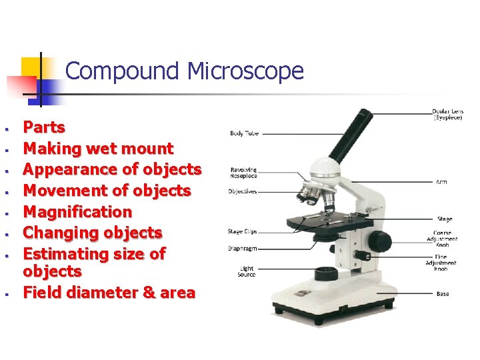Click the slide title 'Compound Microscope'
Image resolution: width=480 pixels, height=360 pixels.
[185, 71]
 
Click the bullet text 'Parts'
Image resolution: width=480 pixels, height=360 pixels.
[44, 127]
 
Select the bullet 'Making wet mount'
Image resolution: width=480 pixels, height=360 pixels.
[98, 149]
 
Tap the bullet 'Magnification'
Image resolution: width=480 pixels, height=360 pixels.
[77, 212]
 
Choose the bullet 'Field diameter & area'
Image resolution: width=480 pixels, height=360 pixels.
[109, 293]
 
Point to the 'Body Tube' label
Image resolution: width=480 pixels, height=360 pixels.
[245, 133]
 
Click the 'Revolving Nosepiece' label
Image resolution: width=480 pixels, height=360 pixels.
[244, 173]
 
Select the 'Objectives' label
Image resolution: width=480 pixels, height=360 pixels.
[243, 191]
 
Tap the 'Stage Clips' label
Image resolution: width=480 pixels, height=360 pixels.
[243, 231]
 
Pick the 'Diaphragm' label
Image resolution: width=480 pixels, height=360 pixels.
[243, 248]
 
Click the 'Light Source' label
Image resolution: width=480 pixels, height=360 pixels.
[246, 271]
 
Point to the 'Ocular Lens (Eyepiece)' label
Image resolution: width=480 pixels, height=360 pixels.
[447, 115]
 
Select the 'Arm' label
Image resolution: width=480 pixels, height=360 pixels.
[442, 181]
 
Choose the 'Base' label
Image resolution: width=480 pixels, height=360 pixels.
[443, 293]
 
